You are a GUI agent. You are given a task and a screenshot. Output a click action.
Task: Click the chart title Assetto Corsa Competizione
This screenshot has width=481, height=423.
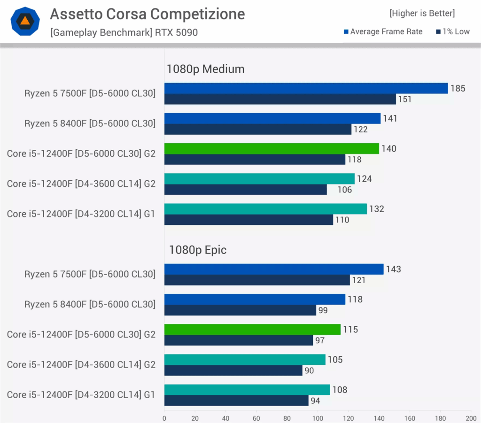pyautogui.click(x=147, y=15)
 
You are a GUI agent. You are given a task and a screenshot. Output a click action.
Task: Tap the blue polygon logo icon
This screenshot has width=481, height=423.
pyautogui.click(x=25, y=21)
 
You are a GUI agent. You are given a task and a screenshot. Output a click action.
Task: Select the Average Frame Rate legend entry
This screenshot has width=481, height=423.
pyautogui.click(x=383, y=31)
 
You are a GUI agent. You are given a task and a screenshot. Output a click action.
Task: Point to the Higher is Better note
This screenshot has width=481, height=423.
pyautogui.click(x=422, y=13)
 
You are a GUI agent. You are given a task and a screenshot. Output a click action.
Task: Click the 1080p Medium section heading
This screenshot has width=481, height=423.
pyautogui.click(x=205, y=69)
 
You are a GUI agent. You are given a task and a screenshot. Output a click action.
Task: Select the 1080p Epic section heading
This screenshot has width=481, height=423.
pyautogui.click(x=198, y=250)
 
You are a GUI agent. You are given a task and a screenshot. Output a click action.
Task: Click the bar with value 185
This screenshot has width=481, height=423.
pyautogui.click(x=306, y=88)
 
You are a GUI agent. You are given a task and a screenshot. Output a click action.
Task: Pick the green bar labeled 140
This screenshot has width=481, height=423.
pyautogui.click(x=272, y=148)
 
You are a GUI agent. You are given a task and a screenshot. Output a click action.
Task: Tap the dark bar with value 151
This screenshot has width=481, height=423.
pyautogui.click(x=280, y=99)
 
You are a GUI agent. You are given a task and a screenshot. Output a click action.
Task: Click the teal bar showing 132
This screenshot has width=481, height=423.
pyautogui.click(x=265, y=208)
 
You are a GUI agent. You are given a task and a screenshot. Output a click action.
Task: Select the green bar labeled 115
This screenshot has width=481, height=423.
pyautogui.click(x=252, y=329)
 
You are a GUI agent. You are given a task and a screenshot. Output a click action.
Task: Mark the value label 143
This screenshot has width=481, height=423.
pyautogui.click(x=393, y=269)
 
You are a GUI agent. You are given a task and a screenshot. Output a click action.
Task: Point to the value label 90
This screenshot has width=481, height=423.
pyautogui.click(x=309, y=370)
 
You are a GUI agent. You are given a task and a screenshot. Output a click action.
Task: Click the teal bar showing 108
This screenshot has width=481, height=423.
pyautogui.click(x=247, y=389)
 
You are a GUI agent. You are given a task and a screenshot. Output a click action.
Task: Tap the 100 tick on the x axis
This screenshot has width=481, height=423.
pyautogui.click(x=318, y=418)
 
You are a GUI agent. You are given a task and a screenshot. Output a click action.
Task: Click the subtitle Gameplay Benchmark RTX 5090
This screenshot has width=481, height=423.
pyautogui.click(x=124, y=32)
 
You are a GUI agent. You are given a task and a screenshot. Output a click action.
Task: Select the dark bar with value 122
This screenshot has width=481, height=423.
pyautogui.click(x=258, y=129)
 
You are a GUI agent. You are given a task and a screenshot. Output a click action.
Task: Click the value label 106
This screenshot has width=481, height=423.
pyautogui.click(x=344, y=190)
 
